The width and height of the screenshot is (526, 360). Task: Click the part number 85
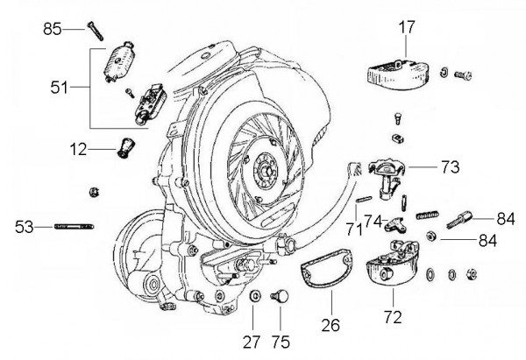click(x=53, y=30)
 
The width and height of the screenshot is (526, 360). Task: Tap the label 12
click(x=79, y=150)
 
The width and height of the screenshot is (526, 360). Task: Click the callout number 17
click(x=405, y=27)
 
